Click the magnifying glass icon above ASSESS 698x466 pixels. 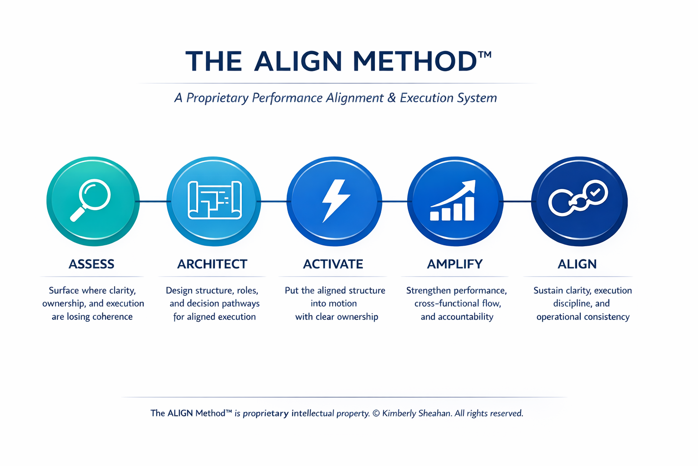(92, 201)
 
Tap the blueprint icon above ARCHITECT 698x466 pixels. (214, 201)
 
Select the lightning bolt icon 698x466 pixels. (335, 201)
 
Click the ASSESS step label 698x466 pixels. (91, 264)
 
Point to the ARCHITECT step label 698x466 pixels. (212, 264)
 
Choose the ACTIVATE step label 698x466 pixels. (333, 264)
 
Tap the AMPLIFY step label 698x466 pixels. (455, 264)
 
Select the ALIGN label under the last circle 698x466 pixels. (577, 264)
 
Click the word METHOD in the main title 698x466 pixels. (415, 61)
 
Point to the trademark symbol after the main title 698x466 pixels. (485, 55)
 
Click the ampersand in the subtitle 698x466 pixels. (391, 98)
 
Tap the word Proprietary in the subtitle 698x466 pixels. (217, 98)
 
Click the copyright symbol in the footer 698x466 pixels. (376, 413)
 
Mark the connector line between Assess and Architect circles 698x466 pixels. (153, 201)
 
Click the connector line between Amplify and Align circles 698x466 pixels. (517, 201)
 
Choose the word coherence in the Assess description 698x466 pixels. (113, 317)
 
